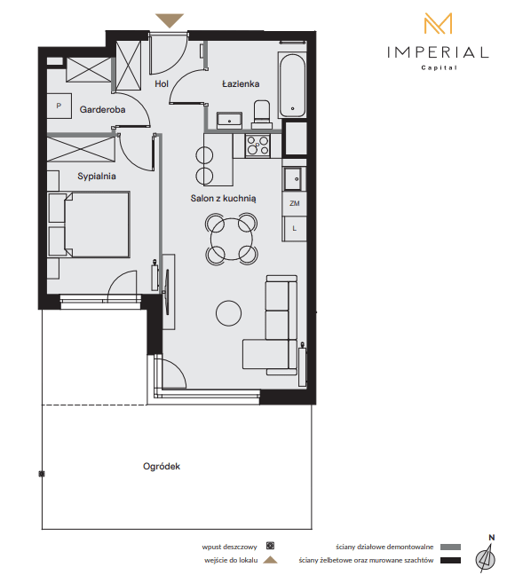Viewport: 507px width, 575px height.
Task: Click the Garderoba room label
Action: (102, 109)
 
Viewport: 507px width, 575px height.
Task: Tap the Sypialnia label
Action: (97, 177)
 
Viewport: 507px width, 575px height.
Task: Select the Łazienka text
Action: (241, 84)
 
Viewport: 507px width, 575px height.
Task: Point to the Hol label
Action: (162, 84)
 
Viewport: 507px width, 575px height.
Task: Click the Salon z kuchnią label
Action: (223, 199)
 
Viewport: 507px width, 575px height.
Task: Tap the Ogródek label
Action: (162, 467)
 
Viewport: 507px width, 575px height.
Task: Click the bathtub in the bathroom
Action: (292, 85)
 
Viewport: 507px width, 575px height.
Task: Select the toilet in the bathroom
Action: (262, 114)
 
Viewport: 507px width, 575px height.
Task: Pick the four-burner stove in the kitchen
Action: (257, 146)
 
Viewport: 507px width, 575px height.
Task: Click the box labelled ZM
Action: (294, 203)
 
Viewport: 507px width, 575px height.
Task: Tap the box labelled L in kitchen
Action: (294, 228)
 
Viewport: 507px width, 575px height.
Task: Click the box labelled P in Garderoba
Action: (59, 106)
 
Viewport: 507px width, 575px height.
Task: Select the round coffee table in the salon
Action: (228, 313)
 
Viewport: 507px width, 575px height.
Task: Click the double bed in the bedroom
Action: (89, 224)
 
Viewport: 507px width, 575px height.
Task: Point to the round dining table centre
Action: (232, 239)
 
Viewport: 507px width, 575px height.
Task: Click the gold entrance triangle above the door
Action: (170, 20)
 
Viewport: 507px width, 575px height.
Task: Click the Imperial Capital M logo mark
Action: (438, 23)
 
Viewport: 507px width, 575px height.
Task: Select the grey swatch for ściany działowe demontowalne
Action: (450, 547)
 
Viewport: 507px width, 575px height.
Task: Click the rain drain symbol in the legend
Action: (271, 546)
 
